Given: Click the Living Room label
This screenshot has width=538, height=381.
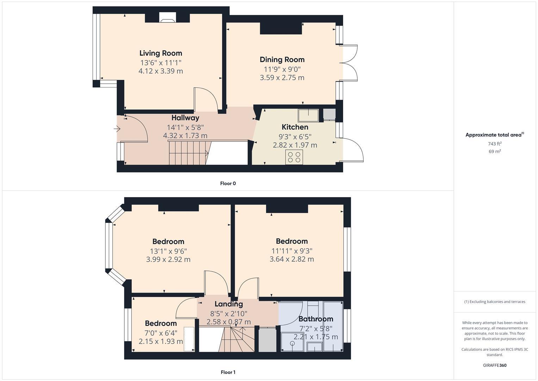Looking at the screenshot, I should pyautogui.click(x=161, y=53).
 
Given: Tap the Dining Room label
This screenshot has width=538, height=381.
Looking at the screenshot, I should pyautogui.click(x=282, y=60).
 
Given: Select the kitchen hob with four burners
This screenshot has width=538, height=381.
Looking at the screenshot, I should pyautogui.click(x=294, y=157).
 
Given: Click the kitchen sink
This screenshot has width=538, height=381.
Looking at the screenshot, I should pyautogui.click(x=308, y=115).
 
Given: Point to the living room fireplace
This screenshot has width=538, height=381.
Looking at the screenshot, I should pyautogui.click(x=167, y=18).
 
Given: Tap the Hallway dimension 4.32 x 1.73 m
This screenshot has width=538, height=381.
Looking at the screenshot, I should pyautogui.click(x=185, y=135).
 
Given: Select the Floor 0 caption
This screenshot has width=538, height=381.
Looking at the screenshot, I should pyautogui.click(x=228, y=183).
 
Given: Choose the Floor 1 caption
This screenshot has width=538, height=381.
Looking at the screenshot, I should pyautogui.click(x=228, y=372).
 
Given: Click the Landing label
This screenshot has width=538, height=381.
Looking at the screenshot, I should pyautogui.click(x=229, y=304).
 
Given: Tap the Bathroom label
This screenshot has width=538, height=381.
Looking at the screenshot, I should pyautogui.click(x=316, y=319).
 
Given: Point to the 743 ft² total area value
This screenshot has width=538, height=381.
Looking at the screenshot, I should pyautogui.click(x=495, y=144).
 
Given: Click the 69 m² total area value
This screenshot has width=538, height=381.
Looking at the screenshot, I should pyautogui.click(x=495, y=151).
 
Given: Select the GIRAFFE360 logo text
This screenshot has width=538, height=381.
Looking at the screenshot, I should pyautogui.click(x=495, y=365).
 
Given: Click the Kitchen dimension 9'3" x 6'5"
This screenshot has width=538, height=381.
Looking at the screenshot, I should pyautogui.click(x=295, y=137).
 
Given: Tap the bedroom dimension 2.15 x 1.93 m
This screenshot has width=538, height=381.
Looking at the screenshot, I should pyautogui.click(x=161, y=341).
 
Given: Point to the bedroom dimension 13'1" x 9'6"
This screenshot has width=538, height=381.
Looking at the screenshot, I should pyautogui.click(x=168, y=251).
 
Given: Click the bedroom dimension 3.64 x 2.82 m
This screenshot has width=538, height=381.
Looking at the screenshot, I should pyautogui.click(x=291, y=259).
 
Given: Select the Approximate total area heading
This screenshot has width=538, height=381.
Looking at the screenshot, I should pyautogui.click(x=495, y=135).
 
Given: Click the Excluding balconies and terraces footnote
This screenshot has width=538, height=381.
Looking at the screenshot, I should pyautogui.click(x=495, y=302).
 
